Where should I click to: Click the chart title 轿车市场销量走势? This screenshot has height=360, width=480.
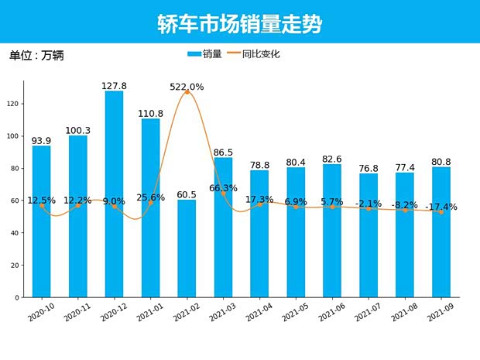(239, 23)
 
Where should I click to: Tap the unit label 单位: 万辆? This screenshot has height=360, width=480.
(36, 56)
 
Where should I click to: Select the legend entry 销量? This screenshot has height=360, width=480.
(205, 54)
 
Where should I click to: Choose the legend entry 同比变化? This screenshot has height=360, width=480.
(254, 54)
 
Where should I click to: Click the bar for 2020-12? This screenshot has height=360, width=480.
(114, 194)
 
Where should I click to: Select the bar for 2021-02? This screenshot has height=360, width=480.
(187, 248)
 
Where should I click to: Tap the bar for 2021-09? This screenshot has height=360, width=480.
(441, 232)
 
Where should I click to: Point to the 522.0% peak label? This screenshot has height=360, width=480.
(187, 87)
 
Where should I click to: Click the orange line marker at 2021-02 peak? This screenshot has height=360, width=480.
(187, 93)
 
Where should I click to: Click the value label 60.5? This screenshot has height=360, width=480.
(187, 194)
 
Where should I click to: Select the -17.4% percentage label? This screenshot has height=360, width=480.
(441, 207)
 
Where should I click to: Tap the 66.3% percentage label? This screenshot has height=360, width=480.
(223, 187)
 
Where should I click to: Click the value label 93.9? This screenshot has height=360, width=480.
(41, 141)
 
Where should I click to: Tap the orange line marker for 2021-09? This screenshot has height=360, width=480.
(441, 212)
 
